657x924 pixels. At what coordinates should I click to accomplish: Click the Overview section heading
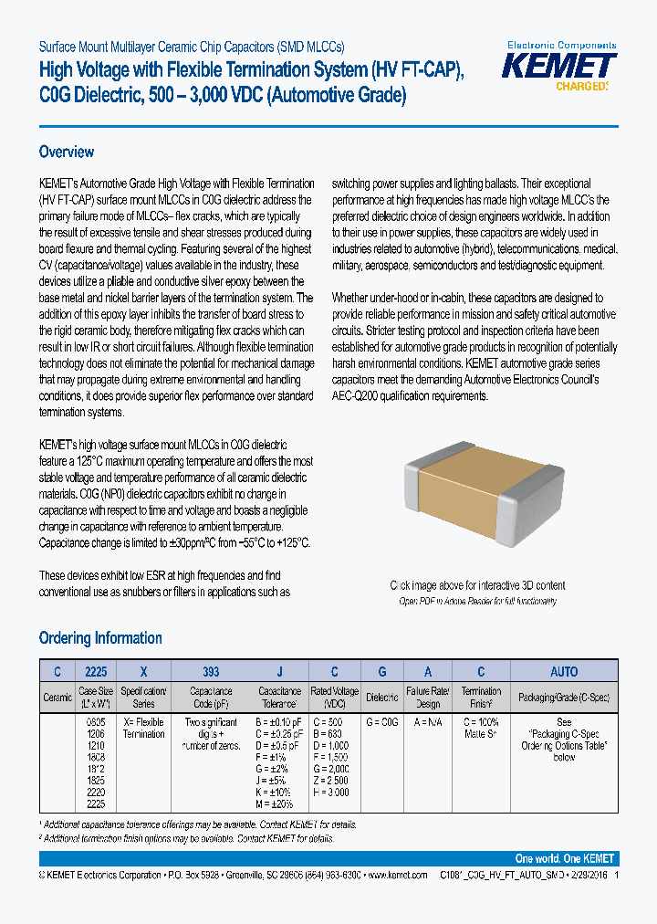click(x=67, y=152)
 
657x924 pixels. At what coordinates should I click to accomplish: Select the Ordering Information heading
click(x=100, y=638)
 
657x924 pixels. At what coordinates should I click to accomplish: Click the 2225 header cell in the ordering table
click(x=96, y=671)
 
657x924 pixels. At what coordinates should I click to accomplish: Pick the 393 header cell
click(x=212, y=671)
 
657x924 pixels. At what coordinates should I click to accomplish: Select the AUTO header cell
click(x=563, y=671)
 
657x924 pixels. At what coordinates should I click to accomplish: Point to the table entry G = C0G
click(x=382, y=722)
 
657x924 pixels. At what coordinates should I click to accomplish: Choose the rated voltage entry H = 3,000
click(x=330, y=793)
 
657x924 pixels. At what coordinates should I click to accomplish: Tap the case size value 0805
click(x=95, y=722)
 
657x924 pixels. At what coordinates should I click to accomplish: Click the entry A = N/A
click(x=429, y=722)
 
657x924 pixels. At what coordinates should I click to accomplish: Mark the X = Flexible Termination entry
click(x=144, y=728)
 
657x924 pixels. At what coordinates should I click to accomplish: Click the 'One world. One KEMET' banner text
click(x=565, y=859)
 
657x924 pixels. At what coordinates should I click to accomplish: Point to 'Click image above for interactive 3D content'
click(x=477, y=585)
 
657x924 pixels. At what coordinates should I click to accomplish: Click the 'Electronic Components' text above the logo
click(x=561, y=45)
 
